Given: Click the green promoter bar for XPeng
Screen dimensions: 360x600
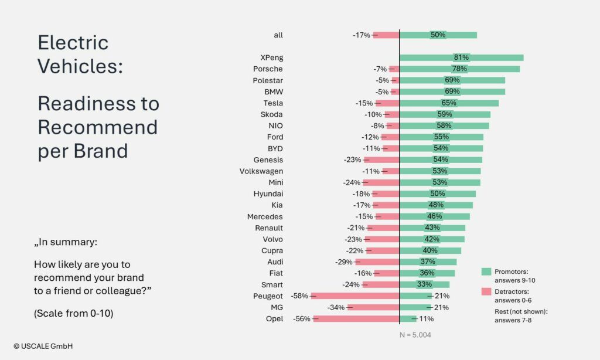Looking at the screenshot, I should coord(461,57).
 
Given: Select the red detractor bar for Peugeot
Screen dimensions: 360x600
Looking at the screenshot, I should coord(355,296).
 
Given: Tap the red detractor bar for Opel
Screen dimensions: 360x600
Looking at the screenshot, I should coord(356,319).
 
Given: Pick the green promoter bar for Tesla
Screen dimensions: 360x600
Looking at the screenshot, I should coord(449,103).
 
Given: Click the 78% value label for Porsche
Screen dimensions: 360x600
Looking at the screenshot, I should coord(459,69).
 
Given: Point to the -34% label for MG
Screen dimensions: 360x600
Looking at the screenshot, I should coord(336,308).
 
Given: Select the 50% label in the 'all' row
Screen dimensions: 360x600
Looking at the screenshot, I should coord(438,35).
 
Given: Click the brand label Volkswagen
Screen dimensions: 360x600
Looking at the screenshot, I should coord(261,171).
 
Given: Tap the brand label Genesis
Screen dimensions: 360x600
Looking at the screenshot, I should coord(268,160).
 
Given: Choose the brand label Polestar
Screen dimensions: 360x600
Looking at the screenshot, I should coord(268,80).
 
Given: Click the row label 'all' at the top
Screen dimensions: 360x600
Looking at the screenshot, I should coord(278,35).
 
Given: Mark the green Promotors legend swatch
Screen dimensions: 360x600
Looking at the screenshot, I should coord(486,271).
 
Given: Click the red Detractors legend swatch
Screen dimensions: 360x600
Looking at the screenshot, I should coord(486,291).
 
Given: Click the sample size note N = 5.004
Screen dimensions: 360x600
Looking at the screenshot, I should coord(415,335).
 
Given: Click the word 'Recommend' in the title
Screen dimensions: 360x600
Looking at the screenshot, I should coord(98,127).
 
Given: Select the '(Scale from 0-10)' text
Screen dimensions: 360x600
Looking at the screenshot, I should coord(74,313).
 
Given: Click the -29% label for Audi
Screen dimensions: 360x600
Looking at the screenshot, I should coord(343,262).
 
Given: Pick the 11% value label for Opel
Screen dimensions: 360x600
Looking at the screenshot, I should coord(427,319).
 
